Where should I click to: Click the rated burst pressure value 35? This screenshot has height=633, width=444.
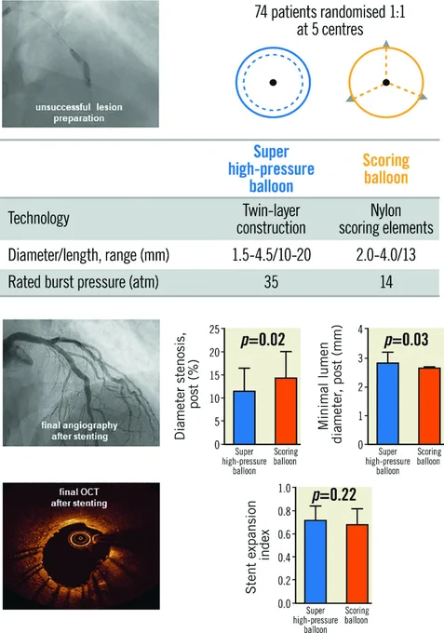(271, 282)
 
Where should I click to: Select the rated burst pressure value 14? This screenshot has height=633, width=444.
(386, 282)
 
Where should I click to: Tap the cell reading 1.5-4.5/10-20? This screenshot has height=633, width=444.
(271, 255)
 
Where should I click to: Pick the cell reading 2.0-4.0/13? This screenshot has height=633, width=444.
(386, 255)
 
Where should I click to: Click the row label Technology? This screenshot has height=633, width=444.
(39, 219)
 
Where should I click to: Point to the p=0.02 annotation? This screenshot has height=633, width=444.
(262, 340)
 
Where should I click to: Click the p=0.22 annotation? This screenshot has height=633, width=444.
(334, 494)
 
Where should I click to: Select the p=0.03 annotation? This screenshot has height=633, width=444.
(406, 340)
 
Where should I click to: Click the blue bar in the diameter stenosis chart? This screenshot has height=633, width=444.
(244, 417)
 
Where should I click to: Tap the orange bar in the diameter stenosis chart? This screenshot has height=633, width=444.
(286, 411)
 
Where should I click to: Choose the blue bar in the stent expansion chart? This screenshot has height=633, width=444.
(316, 561)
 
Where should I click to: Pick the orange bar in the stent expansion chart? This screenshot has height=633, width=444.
(357, 564)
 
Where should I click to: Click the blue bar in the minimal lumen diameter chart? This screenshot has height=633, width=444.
(388, 403)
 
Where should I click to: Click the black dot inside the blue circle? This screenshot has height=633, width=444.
(274, 82)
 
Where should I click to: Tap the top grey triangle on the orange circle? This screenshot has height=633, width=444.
(386, 44)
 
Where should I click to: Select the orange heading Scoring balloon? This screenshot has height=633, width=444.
(386, 168)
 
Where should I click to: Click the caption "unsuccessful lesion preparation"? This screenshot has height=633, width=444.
(79, 113)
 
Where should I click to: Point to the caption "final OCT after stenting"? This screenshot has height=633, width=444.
(79, 497)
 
